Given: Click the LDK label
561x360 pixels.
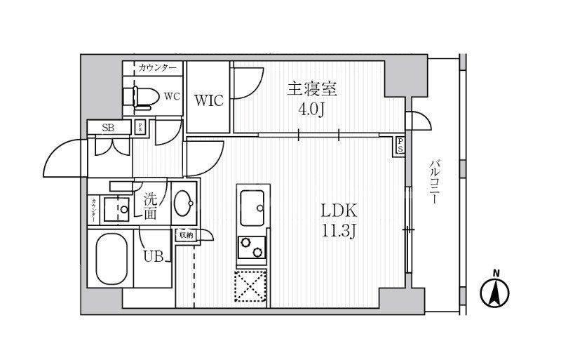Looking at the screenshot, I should [x=340, y=211].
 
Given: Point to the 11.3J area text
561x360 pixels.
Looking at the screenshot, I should [x=340, y=231].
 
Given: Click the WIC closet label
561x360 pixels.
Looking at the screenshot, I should [x=208, y=100].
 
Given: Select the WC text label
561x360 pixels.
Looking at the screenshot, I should [x=173, y=96].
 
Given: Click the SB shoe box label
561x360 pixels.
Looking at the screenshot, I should [x=109, y=127].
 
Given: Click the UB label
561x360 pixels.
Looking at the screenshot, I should [x=154, y=257].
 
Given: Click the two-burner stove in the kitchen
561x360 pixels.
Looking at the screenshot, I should [x=252, y=248].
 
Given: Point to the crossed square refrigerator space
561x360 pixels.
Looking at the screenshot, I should [x=251, y=286].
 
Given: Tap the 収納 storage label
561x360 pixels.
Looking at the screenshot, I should [x=185, y=235].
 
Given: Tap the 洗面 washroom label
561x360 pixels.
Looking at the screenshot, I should [x=150, y=206].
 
